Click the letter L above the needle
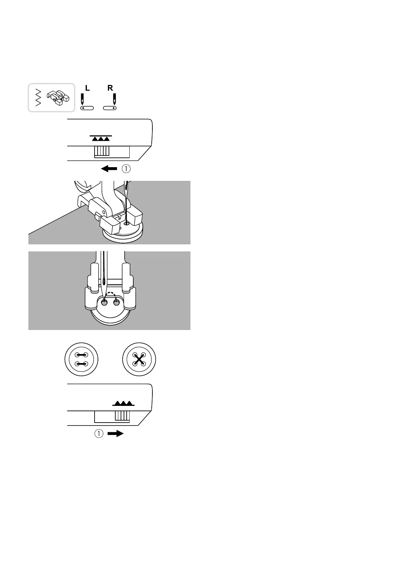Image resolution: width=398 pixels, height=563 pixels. point(88,88)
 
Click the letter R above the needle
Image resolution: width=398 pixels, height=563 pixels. point(110,88)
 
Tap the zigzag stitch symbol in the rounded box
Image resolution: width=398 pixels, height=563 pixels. point(38,98)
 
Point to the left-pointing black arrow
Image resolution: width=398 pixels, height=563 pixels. point(109,169)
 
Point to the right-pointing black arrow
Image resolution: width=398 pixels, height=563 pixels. point(115,434)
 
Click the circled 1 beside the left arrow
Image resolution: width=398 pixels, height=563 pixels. point(126,169)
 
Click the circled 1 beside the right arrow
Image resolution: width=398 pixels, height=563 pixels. point(99,434)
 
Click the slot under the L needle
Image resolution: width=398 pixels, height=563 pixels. point(87,108)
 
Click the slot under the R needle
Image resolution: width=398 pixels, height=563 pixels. point(110,108)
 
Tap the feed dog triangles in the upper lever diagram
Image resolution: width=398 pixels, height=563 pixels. point(101,138)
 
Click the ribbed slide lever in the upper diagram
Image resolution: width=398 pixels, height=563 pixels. point(102,151)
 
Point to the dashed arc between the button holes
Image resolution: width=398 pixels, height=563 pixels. point(110,296)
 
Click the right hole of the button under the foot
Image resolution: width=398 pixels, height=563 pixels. point(116,303)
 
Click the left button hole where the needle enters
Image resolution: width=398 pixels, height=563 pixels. point(105,303)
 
